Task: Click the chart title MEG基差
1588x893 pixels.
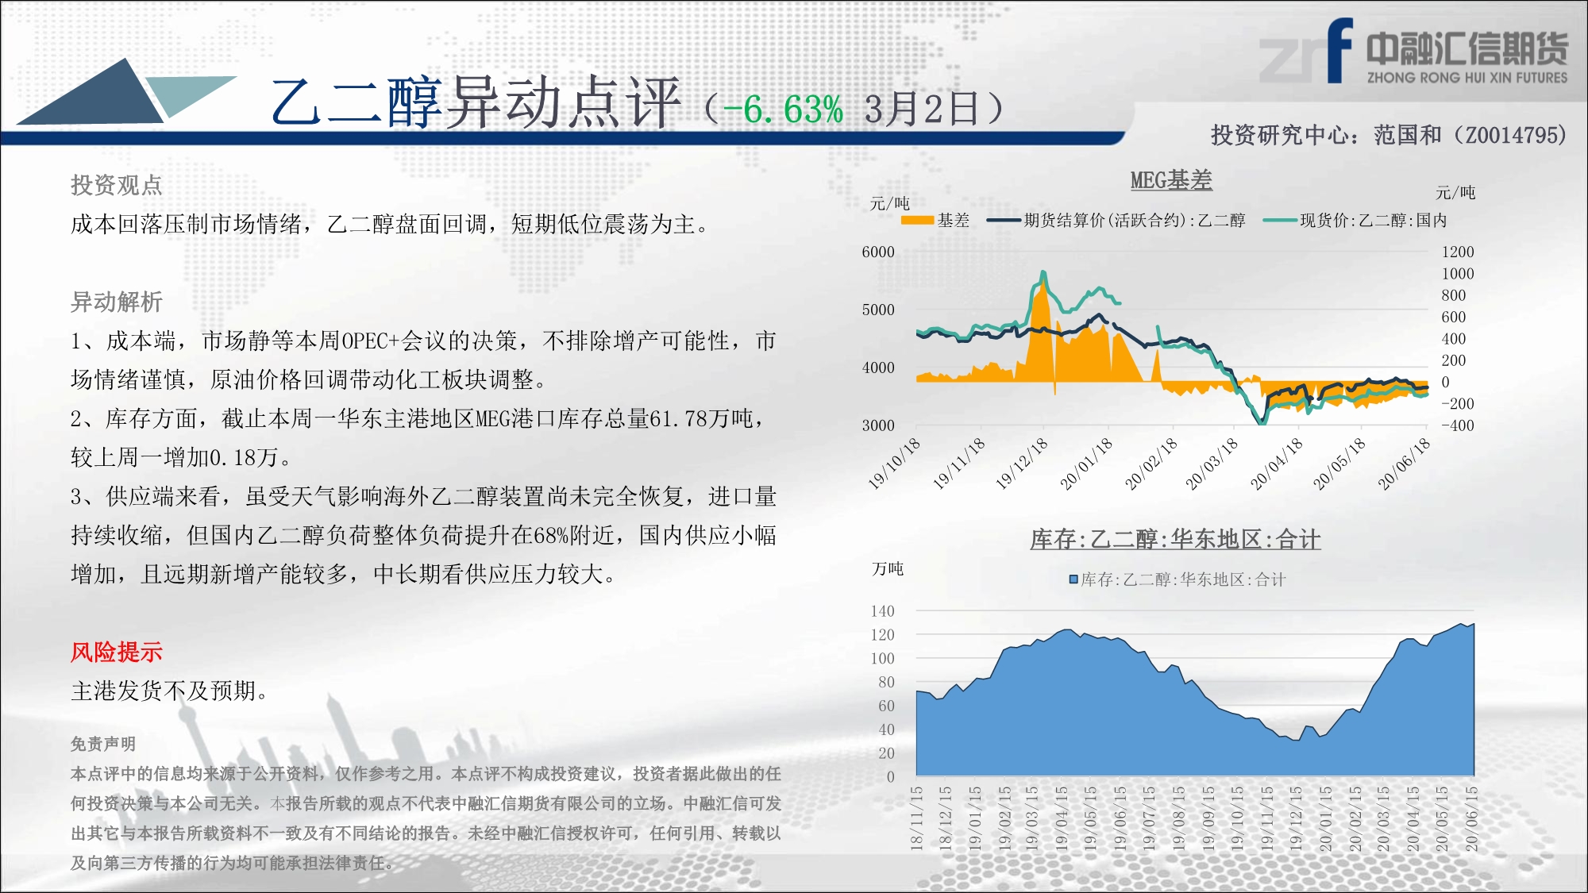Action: pyautogui.click(x=1171, y=180)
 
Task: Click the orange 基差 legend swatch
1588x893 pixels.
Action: pyautogui.click(x=917, y=220)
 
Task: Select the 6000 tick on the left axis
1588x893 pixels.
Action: pyautogui.click(x=878, y=252)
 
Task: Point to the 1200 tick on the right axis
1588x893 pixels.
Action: pyautogui.click(x=1458, y=252)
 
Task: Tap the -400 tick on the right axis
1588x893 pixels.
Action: pyautogui.click(x=1458, y=425)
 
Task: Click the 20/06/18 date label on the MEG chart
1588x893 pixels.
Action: pyautogui.click(x=1404, y=464)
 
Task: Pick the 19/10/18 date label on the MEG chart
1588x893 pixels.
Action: pyautogui.click(x=894, y=464)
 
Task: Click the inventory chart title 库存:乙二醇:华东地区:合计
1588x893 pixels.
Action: pyautogui.click(x=1175, y=540)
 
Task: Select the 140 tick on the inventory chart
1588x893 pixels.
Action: pyautogui.click(x=882, y=611)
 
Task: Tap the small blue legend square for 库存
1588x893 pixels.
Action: pyautogui.click(x=1073, y=579)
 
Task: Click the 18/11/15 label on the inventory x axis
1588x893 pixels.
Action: pyautogui.click(x=917, y=818)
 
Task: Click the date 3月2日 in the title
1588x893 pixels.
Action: pyautogui.click(x=922, y=109)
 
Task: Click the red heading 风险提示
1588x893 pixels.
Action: pyautogui.click(x=117, y=652)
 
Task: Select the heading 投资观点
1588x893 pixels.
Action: pyautogui.click(x=117, y=186)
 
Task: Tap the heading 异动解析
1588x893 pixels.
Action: pyautogui.click(x=117, y=302)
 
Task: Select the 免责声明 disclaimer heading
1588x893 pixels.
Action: pyautogui.click(x=103, y=744)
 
